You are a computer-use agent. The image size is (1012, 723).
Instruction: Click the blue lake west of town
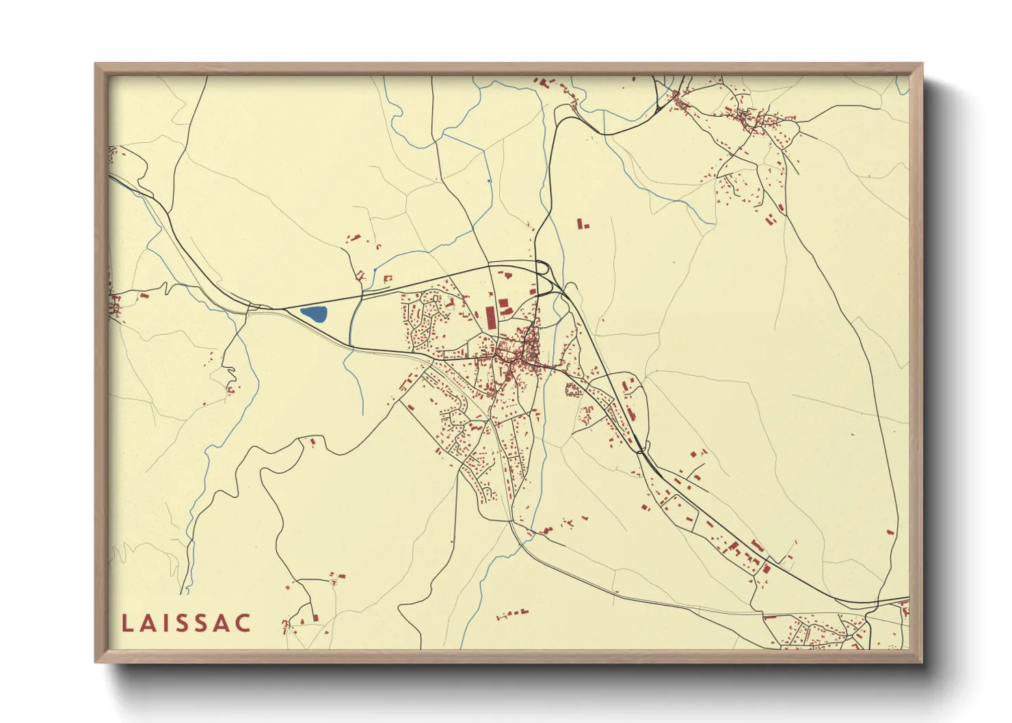[314, 315]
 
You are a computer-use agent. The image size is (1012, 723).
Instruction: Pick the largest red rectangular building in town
[490, 318]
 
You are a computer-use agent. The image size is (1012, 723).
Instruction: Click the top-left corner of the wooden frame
[96, 64]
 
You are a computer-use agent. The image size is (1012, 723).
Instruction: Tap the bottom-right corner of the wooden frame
[922, 661]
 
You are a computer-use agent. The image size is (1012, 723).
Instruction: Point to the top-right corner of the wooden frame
[922, 64]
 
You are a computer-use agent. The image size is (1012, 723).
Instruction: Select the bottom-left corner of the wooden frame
[96, 661]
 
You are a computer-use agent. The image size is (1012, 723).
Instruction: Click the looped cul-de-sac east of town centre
[573, 390]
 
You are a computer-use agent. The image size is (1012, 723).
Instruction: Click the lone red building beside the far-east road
[890, 532]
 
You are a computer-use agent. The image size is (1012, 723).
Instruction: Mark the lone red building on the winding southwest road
[312, 442]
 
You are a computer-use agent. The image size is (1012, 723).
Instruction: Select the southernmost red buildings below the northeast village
[770, 219]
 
